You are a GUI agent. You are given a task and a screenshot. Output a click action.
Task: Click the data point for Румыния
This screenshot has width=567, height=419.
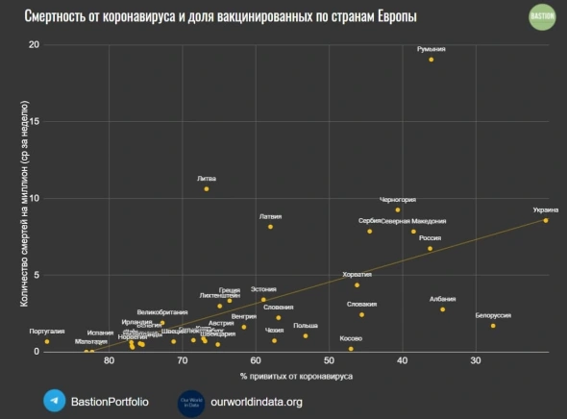431,60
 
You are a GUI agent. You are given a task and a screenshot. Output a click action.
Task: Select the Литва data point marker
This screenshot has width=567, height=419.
207,189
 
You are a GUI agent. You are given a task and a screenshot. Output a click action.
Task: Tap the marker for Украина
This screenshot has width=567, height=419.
546,220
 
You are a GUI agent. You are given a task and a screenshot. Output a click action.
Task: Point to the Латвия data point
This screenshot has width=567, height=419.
271,227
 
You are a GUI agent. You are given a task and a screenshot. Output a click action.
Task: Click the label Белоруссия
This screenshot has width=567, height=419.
492,315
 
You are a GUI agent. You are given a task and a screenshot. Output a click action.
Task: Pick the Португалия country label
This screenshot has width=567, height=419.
46,332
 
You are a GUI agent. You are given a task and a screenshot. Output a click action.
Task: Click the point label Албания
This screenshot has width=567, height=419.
443,299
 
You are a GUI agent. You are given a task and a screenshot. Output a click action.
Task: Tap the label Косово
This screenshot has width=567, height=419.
351,338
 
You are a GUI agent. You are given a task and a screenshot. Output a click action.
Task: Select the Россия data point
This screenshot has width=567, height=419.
430,248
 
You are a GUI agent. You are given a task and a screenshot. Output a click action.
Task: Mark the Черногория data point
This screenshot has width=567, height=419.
398,209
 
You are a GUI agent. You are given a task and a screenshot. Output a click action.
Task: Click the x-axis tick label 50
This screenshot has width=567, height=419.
329,361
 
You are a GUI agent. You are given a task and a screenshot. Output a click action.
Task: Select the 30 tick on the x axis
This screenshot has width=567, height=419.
475,361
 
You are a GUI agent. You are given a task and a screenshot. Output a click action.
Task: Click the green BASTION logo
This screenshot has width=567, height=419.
542,17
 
